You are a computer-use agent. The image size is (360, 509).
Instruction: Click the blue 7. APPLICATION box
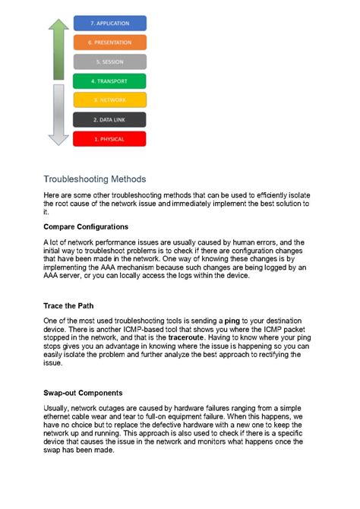tap(109, 24)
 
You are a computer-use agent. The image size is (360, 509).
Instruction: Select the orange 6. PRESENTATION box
tap(109, 43)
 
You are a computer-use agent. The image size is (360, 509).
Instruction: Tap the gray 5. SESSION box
tap(109, 62)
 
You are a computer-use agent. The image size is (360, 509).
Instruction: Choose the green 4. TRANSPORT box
tap(109, 81)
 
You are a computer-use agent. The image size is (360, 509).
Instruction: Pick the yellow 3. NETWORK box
tap(109, 100)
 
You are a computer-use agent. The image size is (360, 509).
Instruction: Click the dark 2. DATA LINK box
tap(109, 119)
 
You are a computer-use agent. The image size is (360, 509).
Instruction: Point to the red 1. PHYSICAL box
tap(109, 139)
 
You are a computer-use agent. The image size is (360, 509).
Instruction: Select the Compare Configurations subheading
tap(86, 226)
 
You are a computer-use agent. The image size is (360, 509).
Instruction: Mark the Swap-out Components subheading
tap(83, 393)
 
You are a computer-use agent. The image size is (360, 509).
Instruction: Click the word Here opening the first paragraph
tap(52, 195)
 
